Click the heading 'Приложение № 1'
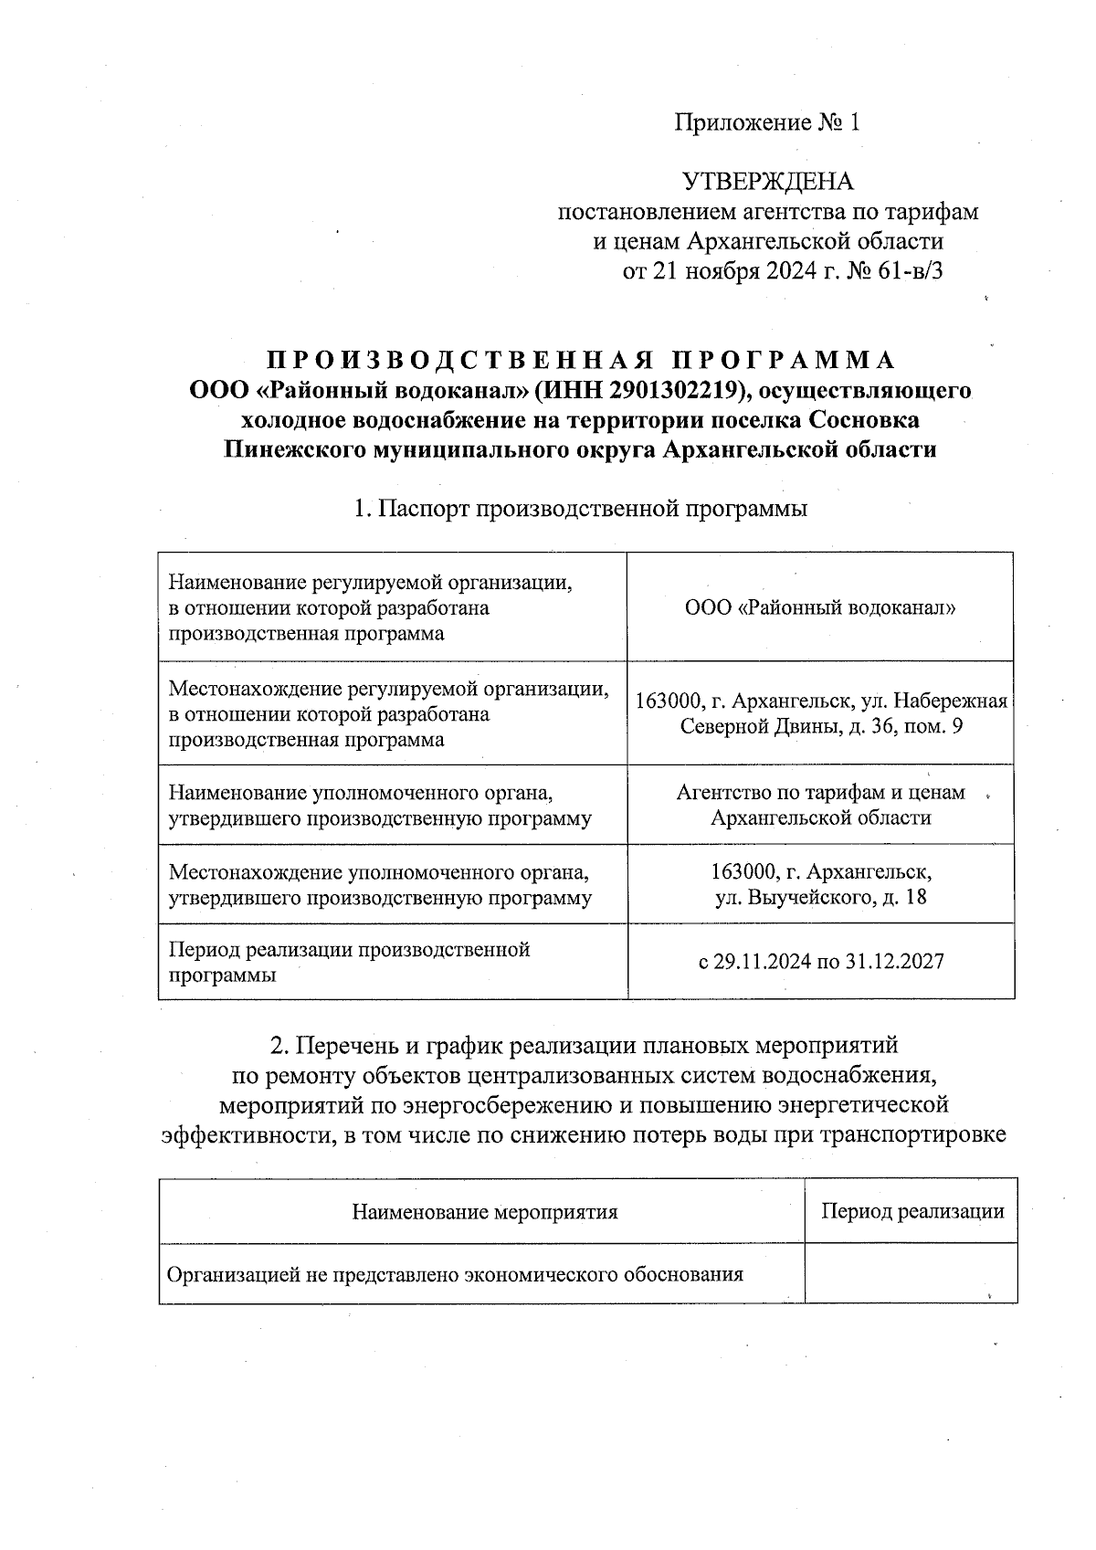point(767,122)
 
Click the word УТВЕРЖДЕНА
point(768,182)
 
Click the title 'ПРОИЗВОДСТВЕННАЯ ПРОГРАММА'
point(581,360)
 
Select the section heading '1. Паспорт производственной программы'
point(581,509)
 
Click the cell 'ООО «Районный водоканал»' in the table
point(820,607)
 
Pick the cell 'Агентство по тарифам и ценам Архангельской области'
point(820,805)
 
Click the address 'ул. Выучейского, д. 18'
point(820,897)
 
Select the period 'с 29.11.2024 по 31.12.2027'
point(820,961)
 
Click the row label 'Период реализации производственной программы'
point(349,962)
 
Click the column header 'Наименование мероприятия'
point(484,1212)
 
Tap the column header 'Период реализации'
point(912,1212)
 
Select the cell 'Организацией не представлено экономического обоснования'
point(454,1273)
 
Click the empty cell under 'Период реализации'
point(912,1273)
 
